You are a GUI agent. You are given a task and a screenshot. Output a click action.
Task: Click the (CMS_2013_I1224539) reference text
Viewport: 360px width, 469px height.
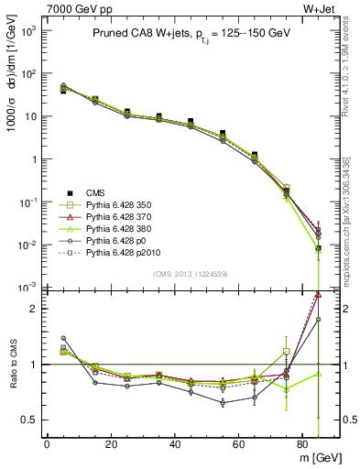(189, 273)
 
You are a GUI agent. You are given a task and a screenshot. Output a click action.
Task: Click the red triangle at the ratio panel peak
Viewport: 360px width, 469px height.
(318, 294)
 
